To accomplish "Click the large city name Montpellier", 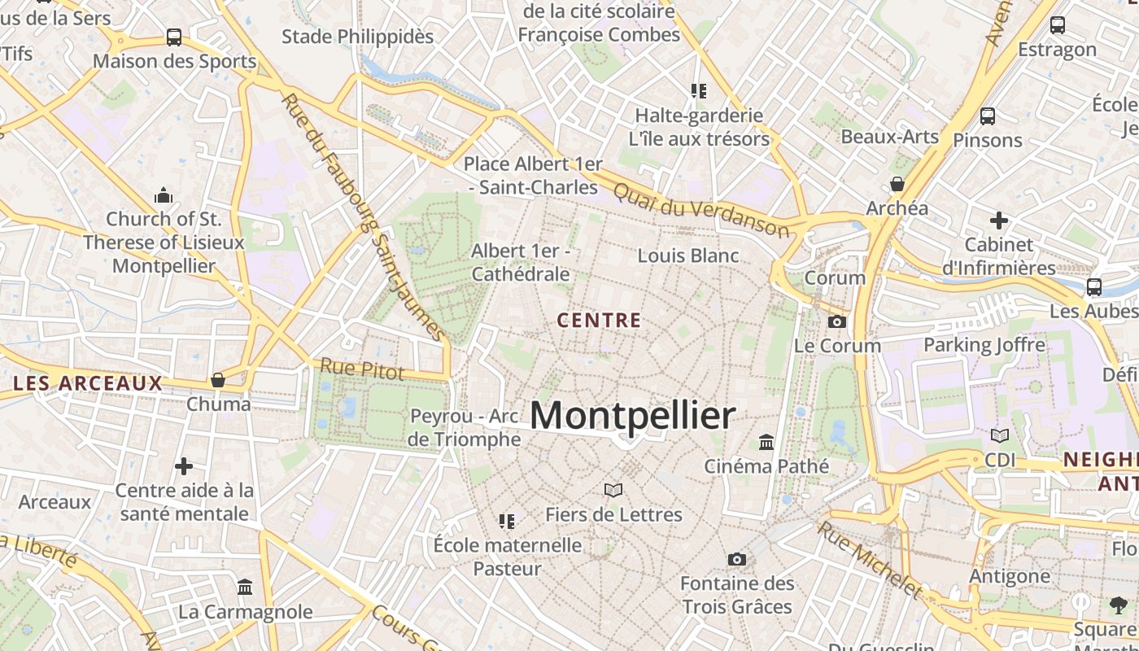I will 633,416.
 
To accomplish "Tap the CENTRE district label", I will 600,321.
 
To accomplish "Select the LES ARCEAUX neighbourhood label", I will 88,383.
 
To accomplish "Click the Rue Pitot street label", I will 362,369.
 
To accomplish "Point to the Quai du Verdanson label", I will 700,209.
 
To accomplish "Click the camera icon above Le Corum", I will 837,322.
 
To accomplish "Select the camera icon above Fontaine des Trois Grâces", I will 737,559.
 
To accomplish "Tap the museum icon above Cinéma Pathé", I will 766,443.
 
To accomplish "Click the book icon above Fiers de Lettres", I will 613,490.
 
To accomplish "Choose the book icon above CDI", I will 1000,436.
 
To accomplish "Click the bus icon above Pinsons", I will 988,116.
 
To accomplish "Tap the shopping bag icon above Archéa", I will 897,184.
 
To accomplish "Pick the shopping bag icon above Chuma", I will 218,380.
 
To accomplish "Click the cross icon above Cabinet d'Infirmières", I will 999,221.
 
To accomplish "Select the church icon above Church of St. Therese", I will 164,195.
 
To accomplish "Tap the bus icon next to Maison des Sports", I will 174,37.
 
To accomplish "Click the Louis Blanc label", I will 688,256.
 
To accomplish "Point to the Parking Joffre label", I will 984,345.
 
